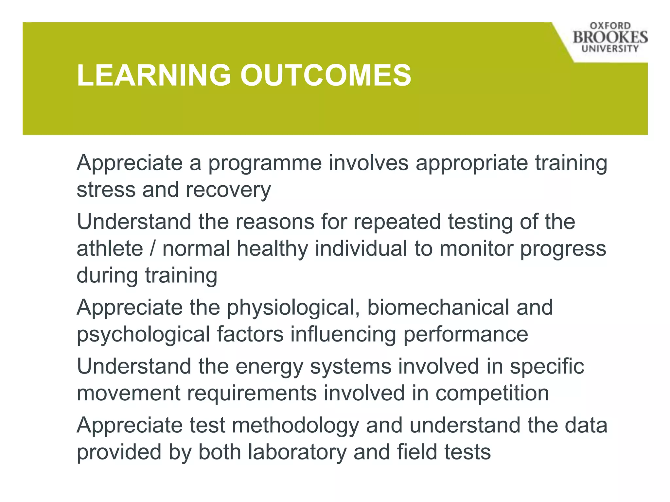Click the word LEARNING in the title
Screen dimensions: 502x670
coord(154,75)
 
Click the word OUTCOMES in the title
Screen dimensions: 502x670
coord(326,75)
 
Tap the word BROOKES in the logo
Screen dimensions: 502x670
coord(610,37)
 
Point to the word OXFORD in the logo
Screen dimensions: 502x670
coord(610,26)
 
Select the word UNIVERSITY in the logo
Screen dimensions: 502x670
coord(610,49)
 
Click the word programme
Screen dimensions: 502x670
coord(265,163)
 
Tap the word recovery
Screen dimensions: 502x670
coord(228,190)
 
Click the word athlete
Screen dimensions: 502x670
coord(110,249)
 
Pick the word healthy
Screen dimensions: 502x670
coord(273,249)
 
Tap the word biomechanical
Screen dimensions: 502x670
coord(438,308)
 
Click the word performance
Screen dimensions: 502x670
coord(466,335)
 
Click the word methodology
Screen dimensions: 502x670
coord(295,426)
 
